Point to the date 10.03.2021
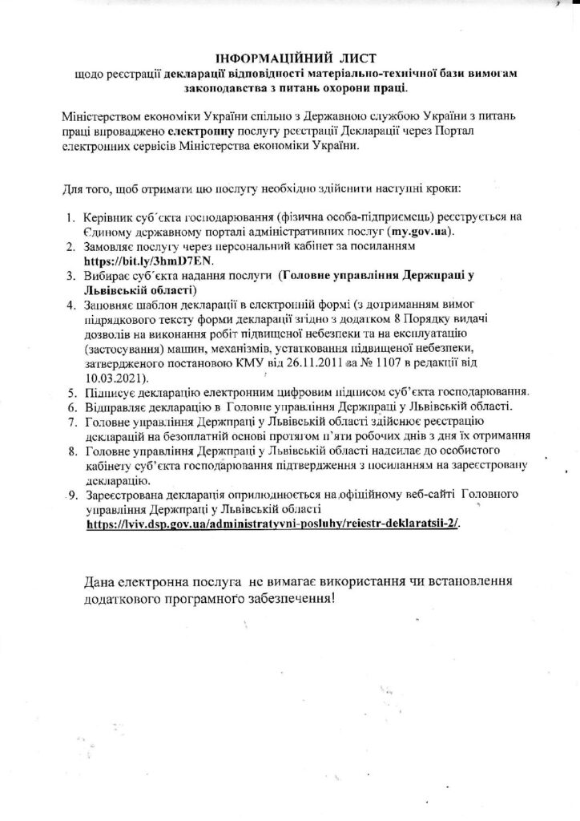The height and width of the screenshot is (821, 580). click(x=113, y=377)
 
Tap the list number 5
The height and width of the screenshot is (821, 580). click(x=74, y=393)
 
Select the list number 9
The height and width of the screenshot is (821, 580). click(x=72, y=495)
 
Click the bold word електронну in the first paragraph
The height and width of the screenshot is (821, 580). click(x=200, y=129)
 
